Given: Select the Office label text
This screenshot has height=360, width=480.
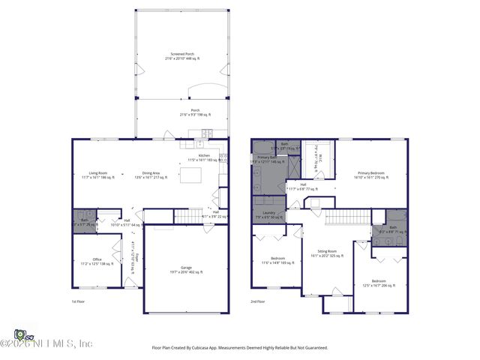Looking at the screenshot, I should (97, 262).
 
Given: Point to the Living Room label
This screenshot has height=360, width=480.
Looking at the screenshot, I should (98, 175).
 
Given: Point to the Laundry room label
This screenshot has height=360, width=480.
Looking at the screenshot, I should (268, 214).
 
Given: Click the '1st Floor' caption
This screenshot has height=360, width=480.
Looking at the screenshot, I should (68, 301).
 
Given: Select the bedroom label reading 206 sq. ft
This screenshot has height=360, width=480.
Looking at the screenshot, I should (379, 284).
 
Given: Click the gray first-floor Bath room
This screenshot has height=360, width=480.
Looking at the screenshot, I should (84, 223).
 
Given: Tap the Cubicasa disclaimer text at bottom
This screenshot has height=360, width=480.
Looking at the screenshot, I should (240, 347).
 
